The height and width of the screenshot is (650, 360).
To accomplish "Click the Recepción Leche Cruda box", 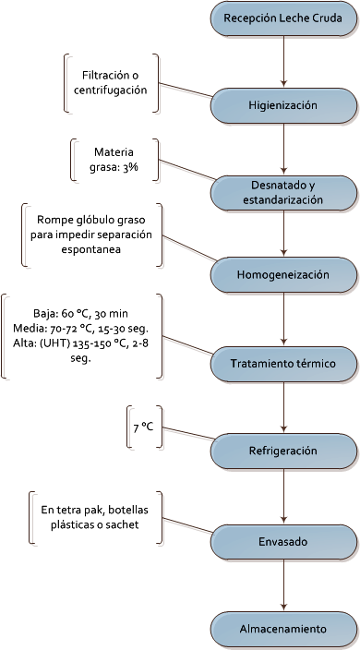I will (x=283, y=17).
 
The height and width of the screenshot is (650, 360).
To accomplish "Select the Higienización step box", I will (x=283, y=105).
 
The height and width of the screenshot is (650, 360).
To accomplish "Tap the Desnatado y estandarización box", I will (x=283, y=193).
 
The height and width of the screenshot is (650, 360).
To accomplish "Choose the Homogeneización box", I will (x=283, y=274).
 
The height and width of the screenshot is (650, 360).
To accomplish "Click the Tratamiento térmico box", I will (x=283, y=363).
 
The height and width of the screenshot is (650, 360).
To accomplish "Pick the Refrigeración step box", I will (x=283, y=451).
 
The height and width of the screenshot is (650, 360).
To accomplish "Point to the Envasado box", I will (x=283, y=538).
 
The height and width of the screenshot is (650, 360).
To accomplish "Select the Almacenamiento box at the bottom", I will (x=283, y=629).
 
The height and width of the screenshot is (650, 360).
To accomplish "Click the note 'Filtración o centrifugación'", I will (x=112, y=83).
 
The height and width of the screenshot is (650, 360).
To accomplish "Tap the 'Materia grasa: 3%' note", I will (x=115, y=160).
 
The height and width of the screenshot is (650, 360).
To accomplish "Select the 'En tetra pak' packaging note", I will (x=89, y=517).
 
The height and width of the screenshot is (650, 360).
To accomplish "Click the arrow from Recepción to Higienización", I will (x=283, y=59).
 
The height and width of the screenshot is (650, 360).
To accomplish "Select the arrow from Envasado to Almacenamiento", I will (x=283, y=584).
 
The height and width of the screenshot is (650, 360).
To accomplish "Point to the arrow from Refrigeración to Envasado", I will (x=283, y=495).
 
